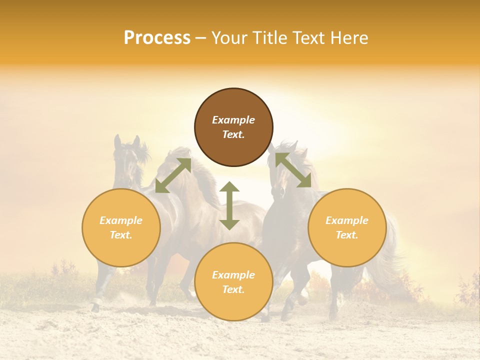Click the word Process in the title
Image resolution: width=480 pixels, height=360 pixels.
(x=157, y=38)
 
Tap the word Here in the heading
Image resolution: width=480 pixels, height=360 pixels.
(x=349, y=38)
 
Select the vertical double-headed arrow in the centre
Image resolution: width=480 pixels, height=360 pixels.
(x=229, y=205)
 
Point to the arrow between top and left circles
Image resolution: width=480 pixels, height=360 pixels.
(x=173, y=175)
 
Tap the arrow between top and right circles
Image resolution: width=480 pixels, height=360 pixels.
(x=293, y=170)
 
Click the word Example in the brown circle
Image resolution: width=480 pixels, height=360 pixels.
(x=233, y=120)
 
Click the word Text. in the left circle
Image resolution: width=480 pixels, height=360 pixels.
(x=121, y=235)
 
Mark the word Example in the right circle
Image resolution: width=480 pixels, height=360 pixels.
(x=347, y=220)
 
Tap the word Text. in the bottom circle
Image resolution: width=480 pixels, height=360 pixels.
(x=233, y=289)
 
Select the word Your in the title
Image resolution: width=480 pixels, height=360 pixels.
(x=229, y=38)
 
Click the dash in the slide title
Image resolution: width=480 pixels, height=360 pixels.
(x=201, y=38)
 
